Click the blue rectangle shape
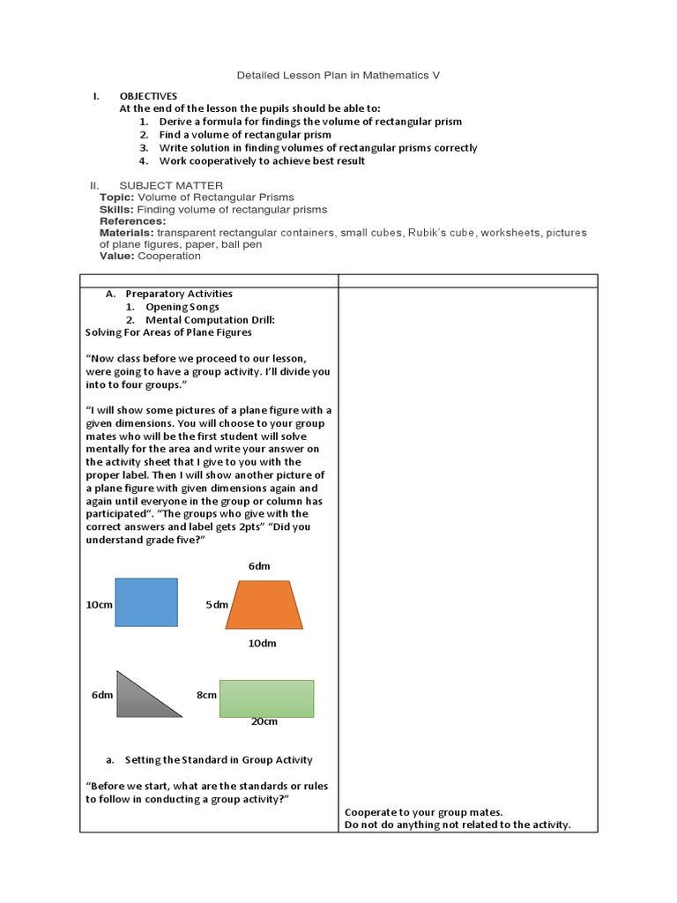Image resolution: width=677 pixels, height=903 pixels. [x=146, y=602]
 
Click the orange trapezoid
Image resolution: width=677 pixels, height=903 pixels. [x=264, y=605]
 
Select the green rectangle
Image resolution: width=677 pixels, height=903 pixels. [x=266, y=698]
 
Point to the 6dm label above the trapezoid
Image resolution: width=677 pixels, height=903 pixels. [x=259, y=566]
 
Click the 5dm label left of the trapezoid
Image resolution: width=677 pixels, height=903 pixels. [x=217, y=605]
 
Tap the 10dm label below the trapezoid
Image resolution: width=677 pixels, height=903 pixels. [x=262, y=643]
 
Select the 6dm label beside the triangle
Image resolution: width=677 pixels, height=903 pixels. [x=102, y=695]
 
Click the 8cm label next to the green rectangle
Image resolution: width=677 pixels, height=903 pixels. [x=206, y=695]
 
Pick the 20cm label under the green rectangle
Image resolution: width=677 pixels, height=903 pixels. [x=264, y=721]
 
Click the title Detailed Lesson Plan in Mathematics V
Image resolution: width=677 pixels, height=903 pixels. [x=338, y=76]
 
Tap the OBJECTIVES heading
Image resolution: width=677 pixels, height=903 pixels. [x=148, y=96]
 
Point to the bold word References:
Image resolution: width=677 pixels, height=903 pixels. [x=132, y=221]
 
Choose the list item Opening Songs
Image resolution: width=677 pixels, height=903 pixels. [x=182, y=307]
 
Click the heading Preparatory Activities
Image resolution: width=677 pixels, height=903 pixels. [x=179, y=294]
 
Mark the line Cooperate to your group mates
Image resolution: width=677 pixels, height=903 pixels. [x=424, y=812]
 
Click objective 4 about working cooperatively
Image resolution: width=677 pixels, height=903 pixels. [x=262, y=161]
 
